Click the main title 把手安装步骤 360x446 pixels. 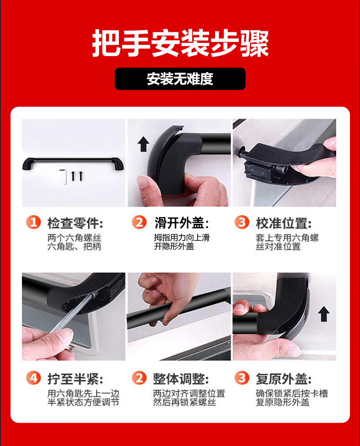pyautogui.click(x=180, y=43)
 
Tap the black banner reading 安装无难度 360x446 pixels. pyautogui.click(x=180, y=79)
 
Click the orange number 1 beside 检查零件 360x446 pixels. pyautogui.click(x=34, y=223)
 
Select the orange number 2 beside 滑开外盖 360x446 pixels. pyautogui.click(x=139, y=223)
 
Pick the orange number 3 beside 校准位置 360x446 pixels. pyautogui.click(x=242, y=223)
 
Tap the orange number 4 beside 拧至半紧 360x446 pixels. pyautogui.click(x=34, y=379)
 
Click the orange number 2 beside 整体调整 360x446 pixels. pyautogui.click(x=139, y=379)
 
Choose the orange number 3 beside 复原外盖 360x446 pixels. pyautogui.click(x=242, y=379)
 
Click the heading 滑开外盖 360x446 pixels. pyautogui.click(x=180, y=223)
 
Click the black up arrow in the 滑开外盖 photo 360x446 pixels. pyautogui.click(x=144, y=144)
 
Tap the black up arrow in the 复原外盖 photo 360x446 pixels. pyautogui.click(x=324, y=314)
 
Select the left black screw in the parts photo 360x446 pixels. pyautogui.click(x=73, y=176)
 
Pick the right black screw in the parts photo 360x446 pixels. pyautogui.click(x=81, y=176)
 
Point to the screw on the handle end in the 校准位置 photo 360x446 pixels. pyautogui.click(x=242, y=150)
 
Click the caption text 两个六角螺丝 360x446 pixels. pyautogui.click(x=74, y=238)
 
